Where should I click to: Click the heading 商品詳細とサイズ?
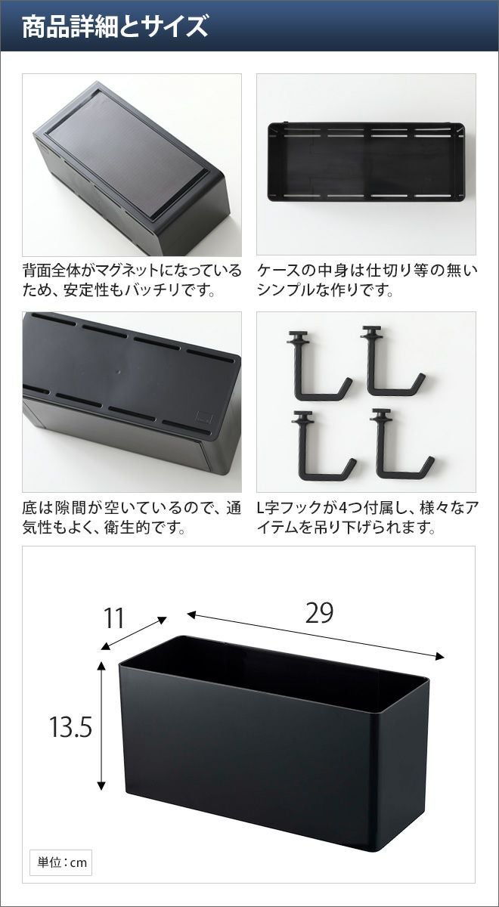click(115, 26)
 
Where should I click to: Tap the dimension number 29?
click(319, 613)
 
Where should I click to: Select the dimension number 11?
click(114, 618)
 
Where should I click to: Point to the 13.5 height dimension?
click(70, 727)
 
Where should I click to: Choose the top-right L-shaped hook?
click(392, 361)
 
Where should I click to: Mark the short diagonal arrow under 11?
click(134, 633)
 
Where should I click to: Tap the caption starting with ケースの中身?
click(367, 280)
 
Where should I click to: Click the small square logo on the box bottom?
click(203, 416)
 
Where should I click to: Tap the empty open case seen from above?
click(366, 161)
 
